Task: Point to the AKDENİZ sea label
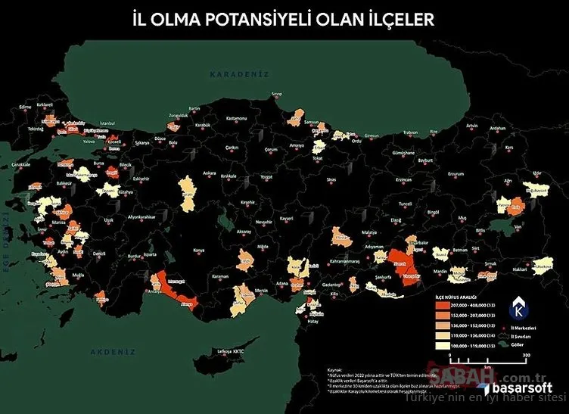[112, 352]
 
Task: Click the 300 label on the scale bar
[524, 354]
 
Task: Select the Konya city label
[199, 250]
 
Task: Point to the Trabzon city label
[410, 133]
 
